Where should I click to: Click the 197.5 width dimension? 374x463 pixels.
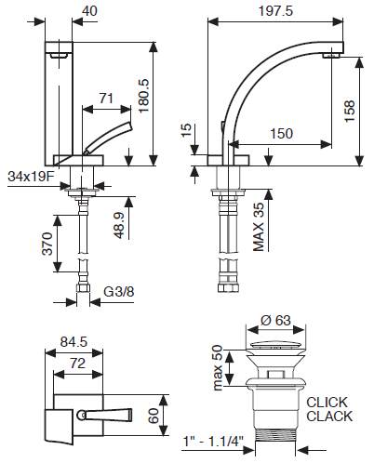coord(275,11)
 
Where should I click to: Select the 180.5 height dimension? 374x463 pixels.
coord(143,96)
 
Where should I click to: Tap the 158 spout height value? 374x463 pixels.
coord(349,111)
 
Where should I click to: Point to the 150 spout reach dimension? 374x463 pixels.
coord(281,134)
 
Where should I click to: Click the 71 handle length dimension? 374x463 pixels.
coord(106,99)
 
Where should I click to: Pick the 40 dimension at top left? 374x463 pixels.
coord(89,11)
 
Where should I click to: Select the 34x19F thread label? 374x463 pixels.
coord(31,177)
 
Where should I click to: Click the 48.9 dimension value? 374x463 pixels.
coord(119,225)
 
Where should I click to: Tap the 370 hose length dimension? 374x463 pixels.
coord(47,244)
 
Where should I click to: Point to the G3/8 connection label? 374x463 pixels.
coord(119,292)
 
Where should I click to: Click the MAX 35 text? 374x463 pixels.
coord(258,227)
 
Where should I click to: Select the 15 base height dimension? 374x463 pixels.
coord(187,130)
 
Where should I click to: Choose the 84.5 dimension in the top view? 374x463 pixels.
coord(74,342)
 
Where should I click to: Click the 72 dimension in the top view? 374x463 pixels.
coord(77,363)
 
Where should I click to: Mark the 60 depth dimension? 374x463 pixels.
coord(154,416)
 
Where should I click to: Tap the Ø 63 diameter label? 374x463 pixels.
coord(275,321)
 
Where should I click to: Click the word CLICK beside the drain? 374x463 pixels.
coord(327,403)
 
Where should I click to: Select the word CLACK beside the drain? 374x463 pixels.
coord(329,417)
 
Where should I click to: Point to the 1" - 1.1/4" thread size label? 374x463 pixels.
coord(213,442)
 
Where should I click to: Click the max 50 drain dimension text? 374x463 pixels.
coord(218,367)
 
